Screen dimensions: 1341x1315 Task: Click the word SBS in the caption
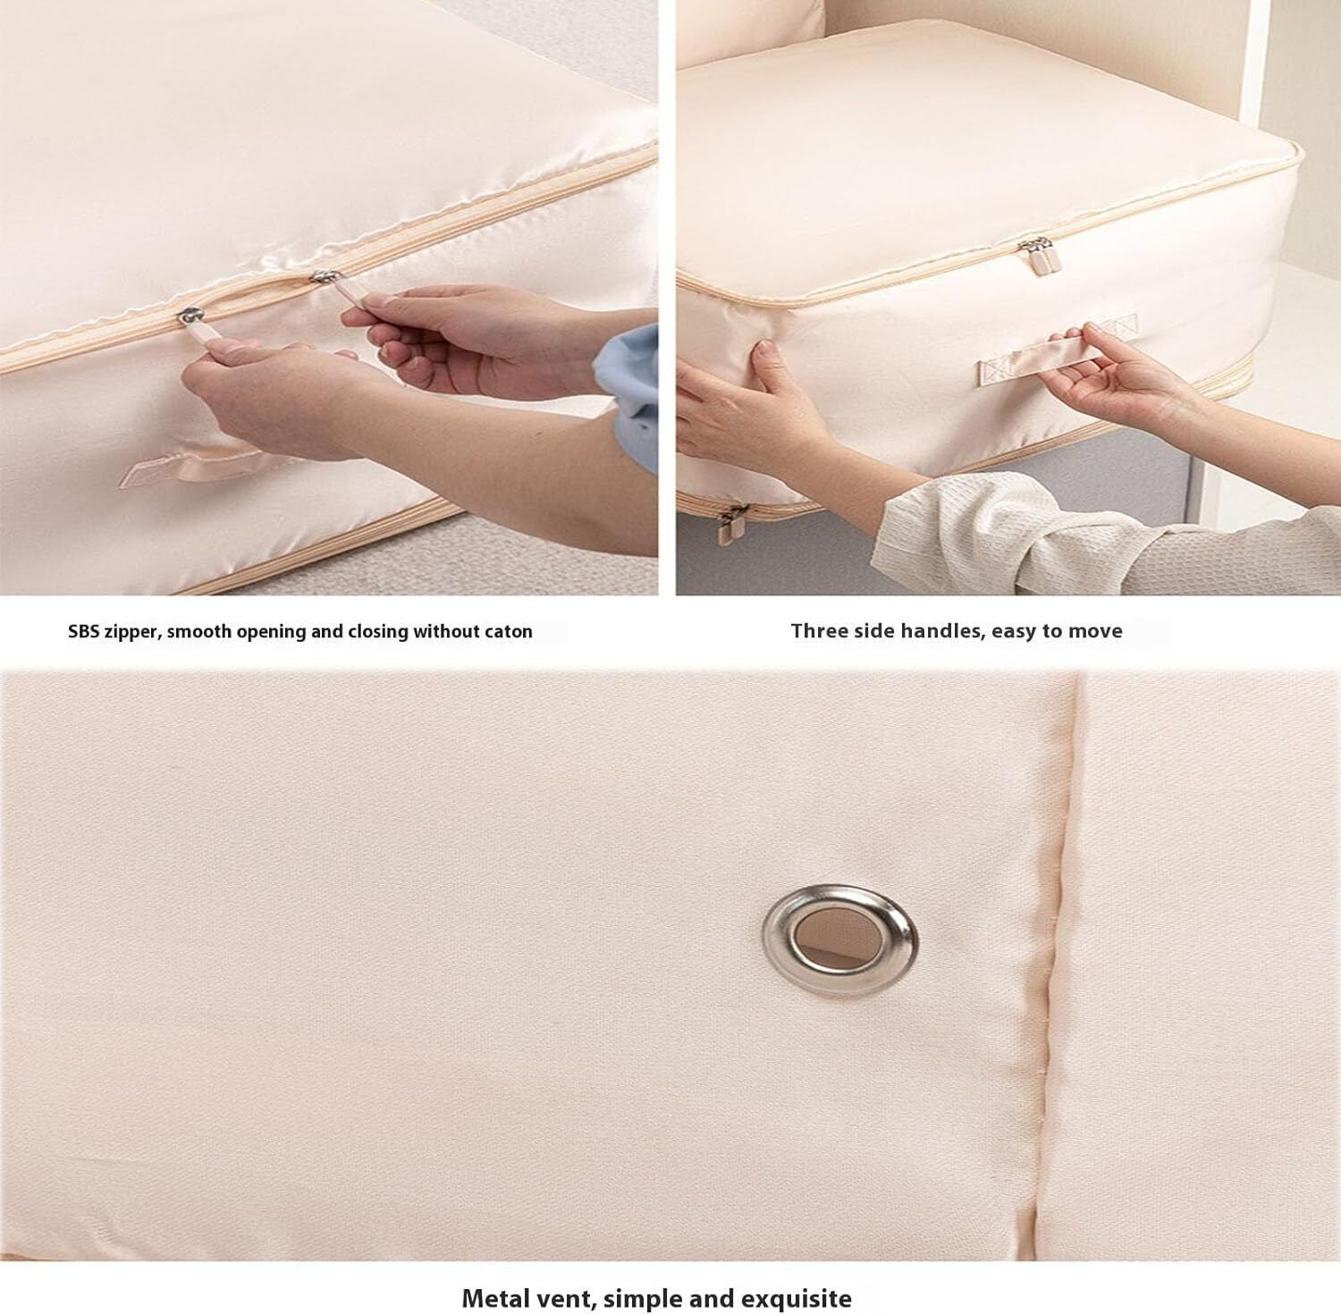(84, 631)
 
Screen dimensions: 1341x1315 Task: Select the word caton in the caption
(506, 631)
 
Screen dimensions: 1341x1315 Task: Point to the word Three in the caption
(817, 630)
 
